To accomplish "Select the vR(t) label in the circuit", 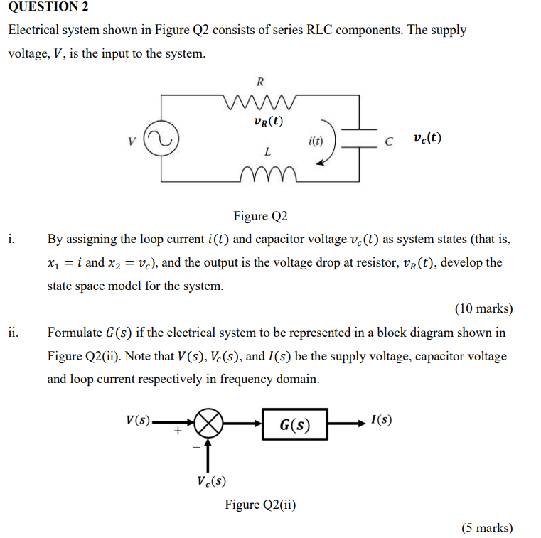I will [268, 121].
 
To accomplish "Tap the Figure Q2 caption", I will [260, 216].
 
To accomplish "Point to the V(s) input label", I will [138, 419].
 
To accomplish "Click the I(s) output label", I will [381, 419].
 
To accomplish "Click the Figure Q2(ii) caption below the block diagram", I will [260, 505].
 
